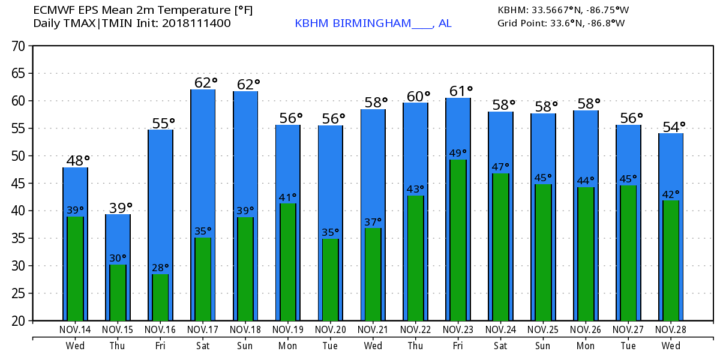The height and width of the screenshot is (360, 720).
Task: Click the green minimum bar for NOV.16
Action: tap(160, 297)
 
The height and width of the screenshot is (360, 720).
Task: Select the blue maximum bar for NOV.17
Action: tap(203, 156)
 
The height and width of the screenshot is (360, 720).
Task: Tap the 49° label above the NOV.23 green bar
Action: tap(458, 153)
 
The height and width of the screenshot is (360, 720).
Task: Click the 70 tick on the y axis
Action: tap(20, 46)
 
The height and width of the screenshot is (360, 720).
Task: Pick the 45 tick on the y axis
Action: tap(20, 184)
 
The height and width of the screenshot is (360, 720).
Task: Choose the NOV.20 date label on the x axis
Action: tap(331, 329)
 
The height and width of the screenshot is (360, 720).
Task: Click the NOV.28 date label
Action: tap(671, 329)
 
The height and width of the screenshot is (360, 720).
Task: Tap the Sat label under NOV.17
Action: tap(203, 346)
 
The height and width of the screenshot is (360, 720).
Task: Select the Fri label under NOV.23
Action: tap(458, 346)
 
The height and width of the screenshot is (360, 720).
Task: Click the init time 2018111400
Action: tap(197, 23)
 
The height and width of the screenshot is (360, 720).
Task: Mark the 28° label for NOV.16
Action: tap(160, 268)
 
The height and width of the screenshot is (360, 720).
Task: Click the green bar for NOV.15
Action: tap(118, 292)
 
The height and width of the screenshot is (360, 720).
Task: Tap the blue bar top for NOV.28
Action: tap(671, 135)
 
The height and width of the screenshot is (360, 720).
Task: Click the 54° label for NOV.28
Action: tap(673, 127)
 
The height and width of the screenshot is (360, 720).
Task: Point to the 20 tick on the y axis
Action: tap(20, 321)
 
